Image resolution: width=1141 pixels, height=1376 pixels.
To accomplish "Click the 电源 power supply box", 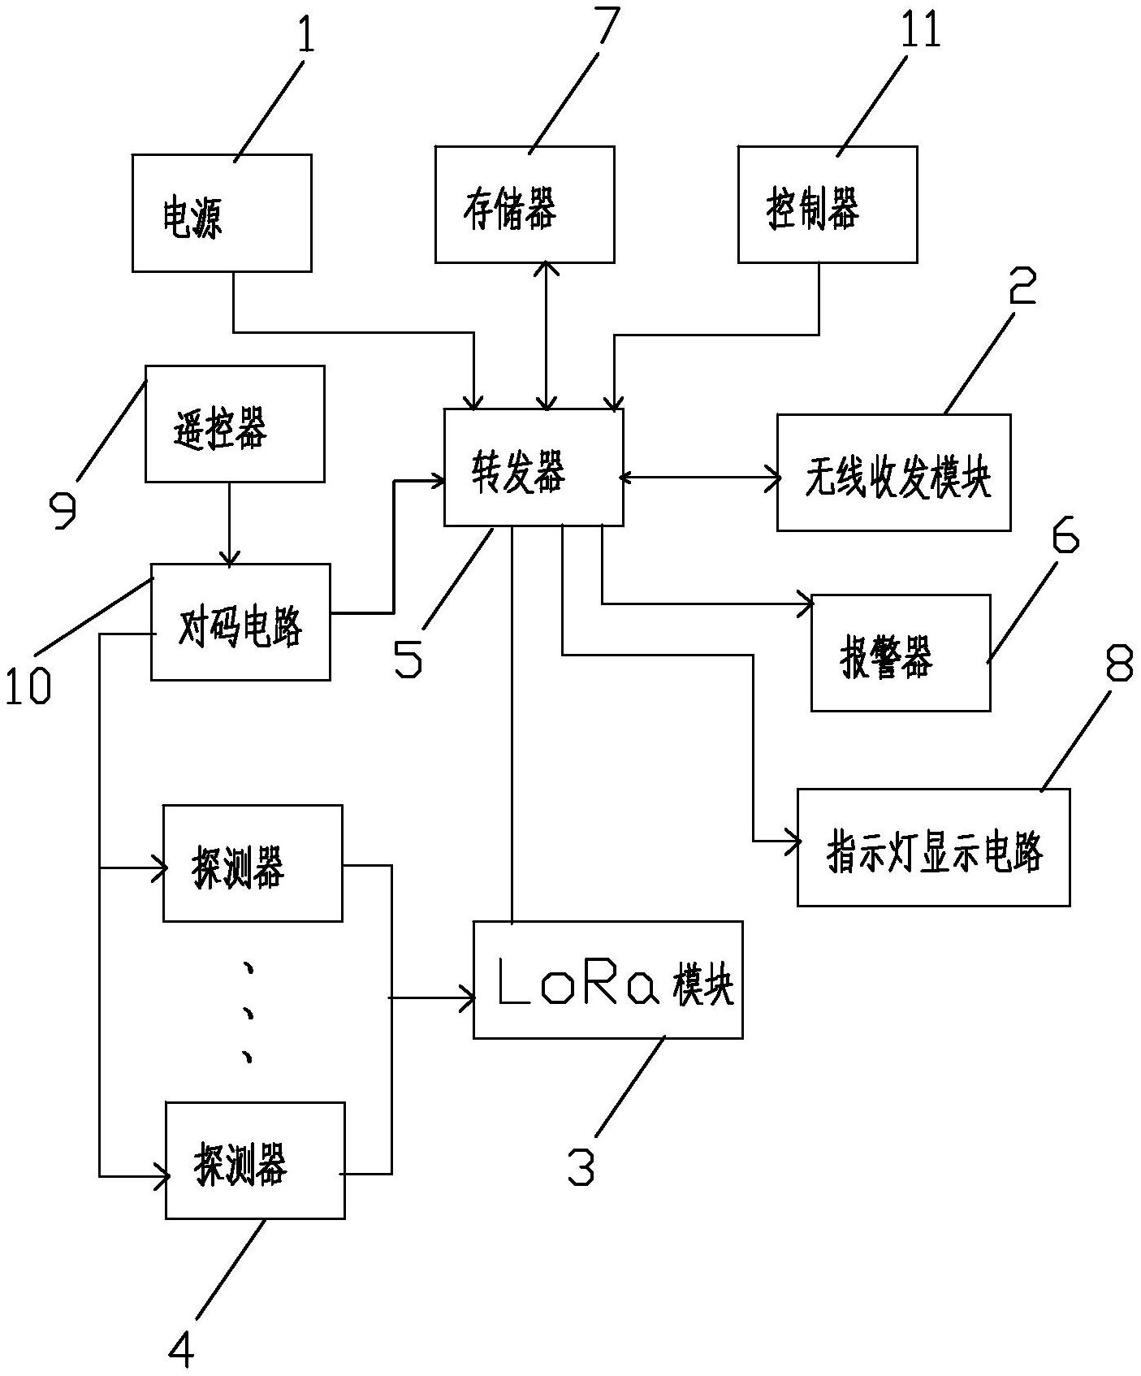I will (x=222, y=213).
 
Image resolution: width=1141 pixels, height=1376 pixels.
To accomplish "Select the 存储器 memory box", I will (x=524, y=205).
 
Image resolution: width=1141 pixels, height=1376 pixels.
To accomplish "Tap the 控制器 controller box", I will (x=827, y=205).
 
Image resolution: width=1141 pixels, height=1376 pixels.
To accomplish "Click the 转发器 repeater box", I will (x=534, y=467).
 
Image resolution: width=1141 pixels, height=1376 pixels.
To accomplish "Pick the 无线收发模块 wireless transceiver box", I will (x=893, y=473).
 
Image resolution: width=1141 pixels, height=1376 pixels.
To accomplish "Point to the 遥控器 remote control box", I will (x=235, y=423).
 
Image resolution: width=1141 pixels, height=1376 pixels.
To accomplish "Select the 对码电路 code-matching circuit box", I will (x=240, y=621).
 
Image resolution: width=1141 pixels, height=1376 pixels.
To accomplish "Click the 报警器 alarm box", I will (x=900, y=652).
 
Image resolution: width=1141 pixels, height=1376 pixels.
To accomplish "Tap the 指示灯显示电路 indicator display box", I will (x=932, y=847).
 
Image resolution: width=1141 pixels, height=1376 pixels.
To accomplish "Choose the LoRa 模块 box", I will (x=607, y=980).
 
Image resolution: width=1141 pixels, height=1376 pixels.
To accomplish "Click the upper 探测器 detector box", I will (x=253, y=863).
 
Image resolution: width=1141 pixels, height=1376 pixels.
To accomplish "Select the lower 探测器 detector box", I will (x=255, y=1160).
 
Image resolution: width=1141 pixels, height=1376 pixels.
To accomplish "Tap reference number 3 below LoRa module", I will (x=580, y=1166).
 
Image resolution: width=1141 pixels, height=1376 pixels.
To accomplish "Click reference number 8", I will (x=1117, y=668).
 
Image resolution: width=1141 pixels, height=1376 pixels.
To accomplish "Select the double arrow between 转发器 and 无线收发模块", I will (x=700, y=478).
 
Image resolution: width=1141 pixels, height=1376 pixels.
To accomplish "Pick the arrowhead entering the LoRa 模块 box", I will (x=466, y=997).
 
